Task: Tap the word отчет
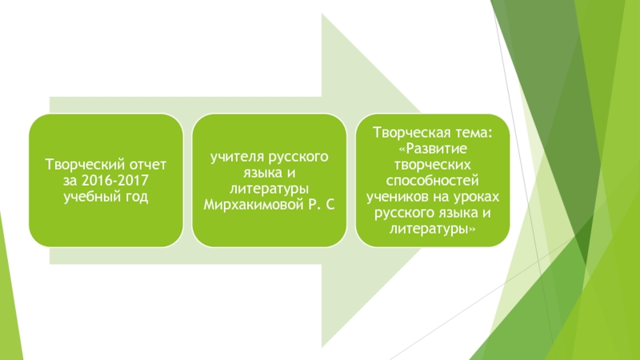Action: tap(144, 165)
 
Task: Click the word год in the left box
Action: tap(135, 196)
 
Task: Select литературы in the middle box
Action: tap(269, 189)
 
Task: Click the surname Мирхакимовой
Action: tap(249, 204)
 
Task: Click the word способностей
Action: tap(431, 181)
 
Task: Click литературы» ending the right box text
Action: tap(432, 228)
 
